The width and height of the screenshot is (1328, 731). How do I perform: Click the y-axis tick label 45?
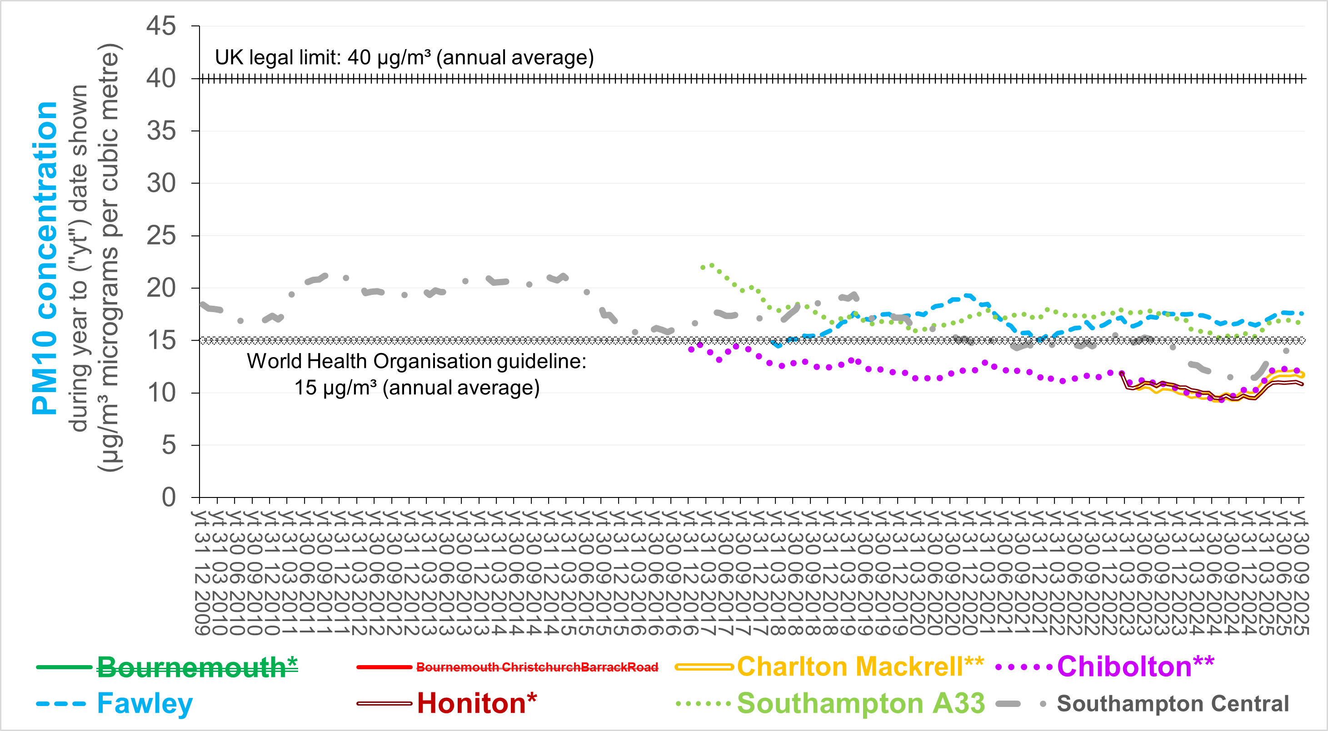pyautogui.click(x=161, y=26)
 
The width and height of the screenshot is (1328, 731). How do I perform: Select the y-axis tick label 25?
pyautogui.click(x=161, y=236)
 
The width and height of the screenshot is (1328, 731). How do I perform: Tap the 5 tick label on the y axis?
pyautogui.click(x=169, y=445)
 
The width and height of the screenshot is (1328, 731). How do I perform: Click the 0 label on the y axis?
pyautogui.click(x=169, y=497)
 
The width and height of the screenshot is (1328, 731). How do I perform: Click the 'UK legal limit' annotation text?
pyautogui.click(x=404, y=57)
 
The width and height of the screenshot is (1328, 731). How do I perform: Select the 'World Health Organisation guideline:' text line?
pyautogui.click(x=417, y=361)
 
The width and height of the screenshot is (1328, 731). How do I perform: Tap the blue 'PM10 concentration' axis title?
pyautogui.click(x=45, y=258)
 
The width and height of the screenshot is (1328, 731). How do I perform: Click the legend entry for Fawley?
pyautogui.click(x=145, y=703)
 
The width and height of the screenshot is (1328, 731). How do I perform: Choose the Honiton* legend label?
pyautogui.click(x=477, y=703)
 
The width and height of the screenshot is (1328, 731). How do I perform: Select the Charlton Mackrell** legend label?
pyautogui.click(x=860, y=666)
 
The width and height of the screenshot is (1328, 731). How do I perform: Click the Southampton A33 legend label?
pyautogui.click(x=860, y=703)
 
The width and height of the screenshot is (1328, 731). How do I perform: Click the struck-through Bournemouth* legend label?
pyautogui.click(x=197, y=667)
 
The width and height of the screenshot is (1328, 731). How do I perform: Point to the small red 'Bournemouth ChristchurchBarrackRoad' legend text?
pyautogui.click(x=537, y=667)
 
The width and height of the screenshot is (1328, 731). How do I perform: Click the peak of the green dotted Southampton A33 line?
pyautogui.click(x=712, y=265)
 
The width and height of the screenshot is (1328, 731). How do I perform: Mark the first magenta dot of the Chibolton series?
pyautogui.click(x=691, y=349)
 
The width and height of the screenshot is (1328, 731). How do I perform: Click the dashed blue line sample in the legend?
pyautogui.click(x=61, y=704)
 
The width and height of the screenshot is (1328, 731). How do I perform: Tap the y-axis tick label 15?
pyautogui.click(x=161, y=340)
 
